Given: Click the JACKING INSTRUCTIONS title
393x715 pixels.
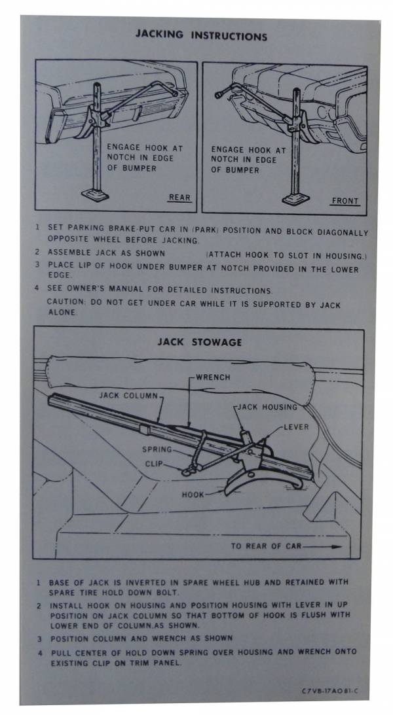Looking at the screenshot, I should (201, 35).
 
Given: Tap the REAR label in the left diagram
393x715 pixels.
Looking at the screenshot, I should (179, 197).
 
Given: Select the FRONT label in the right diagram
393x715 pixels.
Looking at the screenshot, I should (345, 201).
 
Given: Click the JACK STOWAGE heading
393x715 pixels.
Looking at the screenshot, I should (200, 342).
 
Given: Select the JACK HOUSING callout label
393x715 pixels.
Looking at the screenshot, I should (267, 407).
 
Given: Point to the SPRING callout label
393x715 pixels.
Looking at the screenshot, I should (157, 450).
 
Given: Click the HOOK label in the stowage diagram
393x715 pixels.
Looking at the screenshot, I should (193, 495).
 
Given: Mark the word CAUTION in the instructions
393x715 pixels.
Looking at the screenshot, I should (64, 305).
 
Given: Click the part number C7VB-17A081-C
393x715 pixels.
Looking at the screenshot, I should (335, 690).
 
